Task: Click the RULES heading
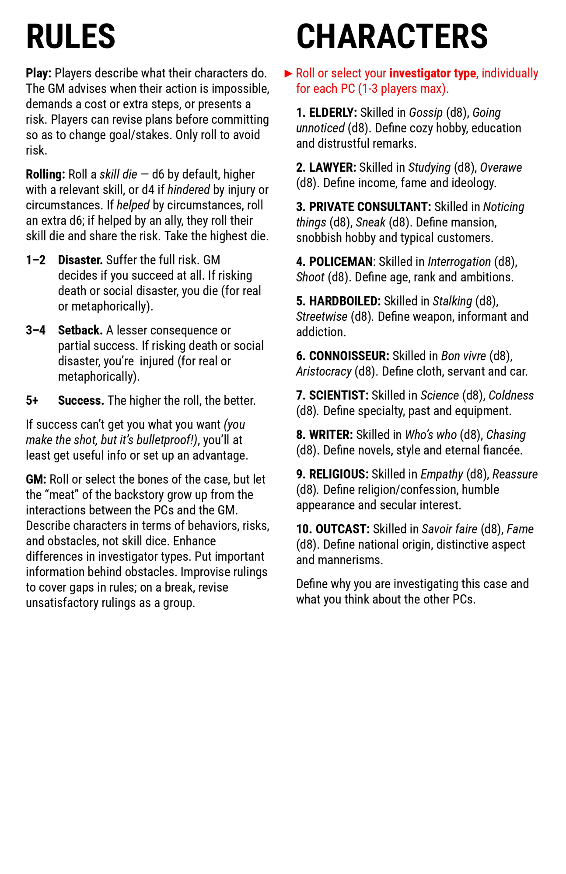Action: point(70,36)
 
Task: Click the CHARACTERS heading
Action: point(391,36)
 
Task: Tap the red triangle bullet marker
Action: point(288,73)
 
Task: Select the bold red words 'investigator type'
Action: point(432,73)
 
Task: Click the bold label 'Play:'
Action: point(38,73)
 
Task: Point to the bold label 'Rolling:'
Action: point(45,174)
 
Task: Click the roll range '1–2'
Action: point(35,260)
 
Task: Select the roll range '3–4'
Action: point(35,330)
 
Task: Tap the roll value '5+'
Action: point(32,401)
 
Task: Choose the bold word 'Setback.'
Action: point(80,330)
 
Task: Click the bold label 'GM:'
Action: point(36,479)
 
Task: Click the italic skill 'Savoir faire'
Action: point(449,529)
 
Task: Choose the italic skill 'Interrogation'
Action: point(459,262)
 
